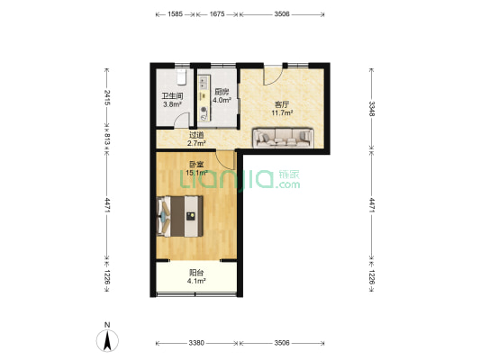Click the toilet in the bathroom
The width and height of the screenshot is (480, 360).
coord(182,76)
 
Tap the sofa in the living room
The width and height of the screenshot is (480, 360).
coord(283,138)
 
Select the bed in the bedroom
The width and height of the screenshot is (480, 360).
coord(180,216)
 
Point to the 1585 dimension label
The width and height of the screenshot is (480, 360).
coord(175,14)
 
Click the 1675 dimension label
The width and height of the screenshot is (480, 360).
coord(217,14)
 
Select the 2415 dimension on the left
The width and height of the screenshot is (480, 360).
coord(107,97)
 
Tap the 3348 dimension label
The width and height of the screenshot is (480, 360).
coord(371,109)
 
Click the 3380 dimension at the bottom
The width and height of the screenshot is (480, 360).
coord(196,343)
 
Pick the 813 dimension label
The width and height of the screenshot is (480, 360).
coord(107,139)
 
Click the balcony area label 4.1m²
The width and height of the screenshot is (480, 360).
coord(196,281)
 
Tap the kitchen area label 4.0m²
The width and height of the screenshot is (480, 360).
coord(222,100)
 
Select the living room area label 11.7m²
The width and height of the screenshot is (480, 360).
coord(282,112)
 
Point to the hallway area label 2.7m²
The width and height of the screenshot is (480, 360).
coord(196,143)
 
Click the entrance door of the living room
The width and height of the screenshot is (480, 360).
coord(273,76)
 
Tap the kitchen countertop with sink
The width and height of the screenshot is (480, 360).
coord(204,98)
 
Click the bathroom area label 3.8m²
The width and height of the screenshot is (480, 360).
coord(172,104)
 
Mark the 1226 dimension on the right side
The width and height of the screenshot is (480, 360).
coord(371,277)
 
